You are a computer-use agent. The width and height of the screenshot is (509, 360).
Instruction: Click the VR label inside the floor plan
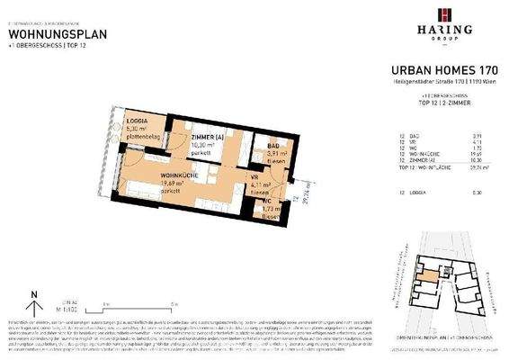(x=254, y=178)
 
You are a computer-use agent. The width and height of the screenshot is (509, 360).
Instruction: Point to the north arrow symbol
(x=33, y=296)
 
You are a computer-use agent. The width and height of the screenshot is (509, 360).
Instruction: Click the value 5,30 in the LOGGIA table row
(x=479, y=192)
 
